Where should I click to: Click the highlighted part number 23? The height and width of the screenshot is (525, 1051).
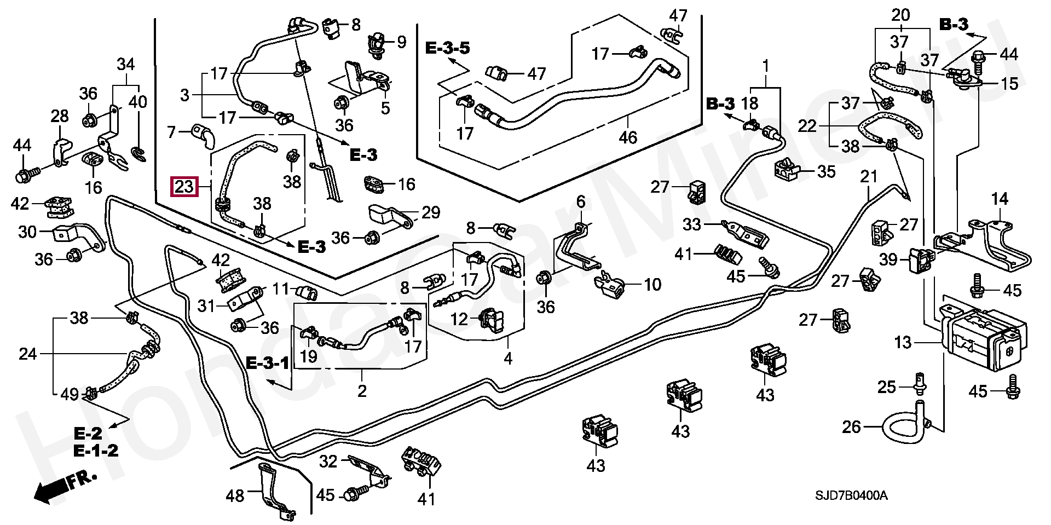[184, 187]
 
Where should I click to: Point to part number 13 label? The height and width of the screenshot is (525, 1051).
[903, 343]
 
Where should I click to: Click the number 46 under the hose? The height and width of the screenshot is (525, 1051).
[628, 137]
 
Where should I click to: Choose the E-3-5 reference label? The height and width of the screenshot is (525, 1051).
[447, 48]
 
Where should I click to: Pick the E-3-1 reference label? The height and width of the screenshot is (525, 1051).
[267, 362]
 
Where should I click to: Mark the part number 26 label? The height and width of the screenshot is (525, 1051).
[851, 426]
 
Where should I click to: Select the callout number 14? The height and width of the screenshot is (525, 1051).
[1000, 199]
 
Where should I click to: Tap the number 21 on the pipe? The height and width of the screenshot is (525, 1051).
[869, 177]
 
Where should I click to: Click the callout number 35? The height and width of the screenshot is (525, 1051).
[826, 172]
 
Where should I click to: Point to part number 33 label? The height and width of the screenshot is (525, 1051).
[692, 224]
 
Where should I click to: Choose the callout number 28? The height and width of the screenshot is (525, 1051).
[60, 116]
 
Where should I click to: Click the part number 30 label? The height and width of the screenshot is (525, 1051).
[27, 232]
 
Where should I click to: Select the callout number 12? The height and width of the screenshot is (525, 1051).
[459, 319]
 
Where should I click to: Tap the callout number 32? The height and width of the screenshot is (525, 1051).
[328, 462]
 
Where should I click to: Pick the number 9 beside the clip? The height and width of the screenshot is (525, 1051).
[402, 42]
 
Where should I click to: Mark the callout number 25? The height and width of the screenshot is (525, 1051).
[886, 387]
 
